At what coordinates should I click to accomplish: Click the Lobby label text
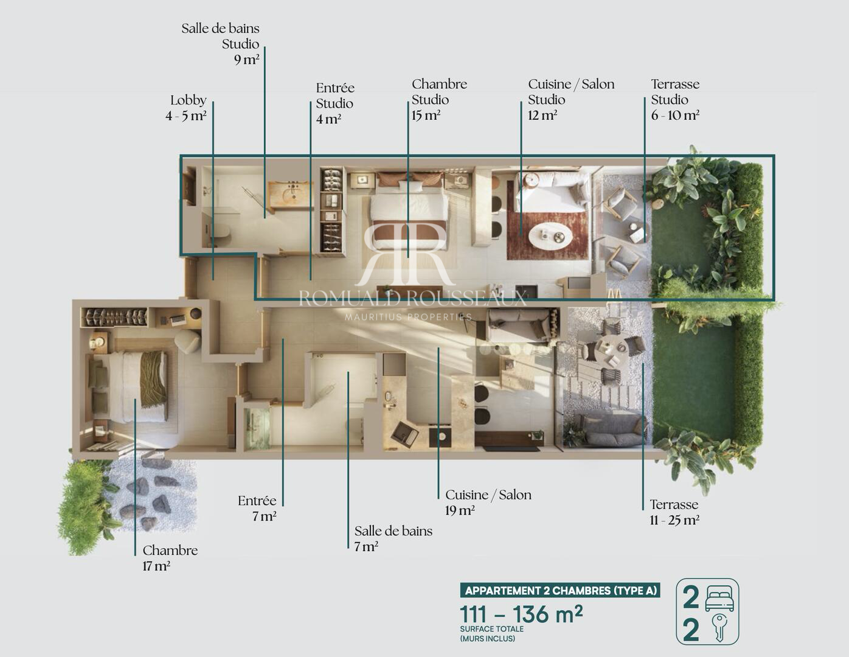tap(189, 100)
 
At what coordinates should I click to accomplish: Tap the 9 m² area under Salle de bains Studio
tap(246, 60)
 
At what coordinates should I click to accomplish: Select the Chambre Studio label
tap(439, 92)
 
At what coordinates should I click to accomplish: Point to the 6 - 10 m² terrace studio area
tap(675, 116)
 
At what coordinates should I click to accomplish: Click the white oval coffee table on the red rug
tap(551, 235)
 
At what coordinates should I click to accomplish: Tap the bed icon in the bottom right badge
tap(719, 599)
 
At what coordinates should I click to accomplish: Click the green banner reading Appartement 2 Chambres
tap(560, 590)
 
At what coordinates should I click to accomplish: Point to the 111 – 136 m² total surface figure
tap(521, 614)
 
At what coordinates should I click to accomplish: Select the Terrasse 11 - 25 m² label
tap(674, 512)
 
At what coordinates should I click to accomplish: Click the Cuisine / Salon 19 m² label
tap(488, 502)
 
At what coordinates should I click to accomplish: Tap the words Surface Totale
tap(492, 629)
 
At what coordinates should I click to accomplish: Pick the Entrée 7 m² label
tap(257, 509)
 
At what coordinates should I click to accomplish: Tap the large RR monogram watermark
tap(405, 253)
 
